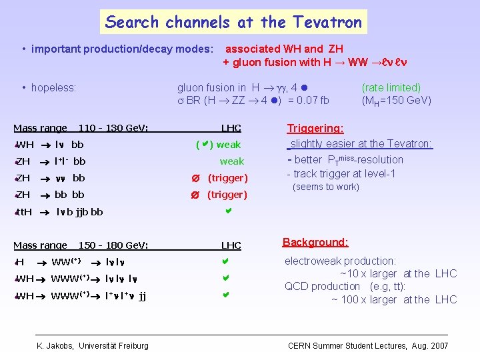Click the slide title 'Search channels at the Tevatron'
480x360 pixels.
tap(233, 22)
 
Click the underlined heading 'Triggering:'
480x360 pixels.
tap(315, 128)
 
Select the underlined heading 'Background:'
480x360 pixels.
tap(315, 242)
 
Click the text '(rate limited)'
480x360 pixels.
tap(391, 87)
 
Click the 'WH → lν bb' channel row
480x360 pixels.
tap(50, 145)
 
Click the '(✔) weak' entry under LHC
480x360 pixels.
tap(218, 145)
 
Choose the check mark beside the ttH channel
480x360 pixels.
tap(227, 211)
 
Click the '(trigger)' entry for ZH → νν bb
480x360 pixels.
tap(227, 178)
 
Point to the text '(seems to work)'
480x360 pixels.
tap(326, 187)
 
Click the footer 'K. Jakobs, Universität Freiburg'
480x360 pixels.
tap(93, 345)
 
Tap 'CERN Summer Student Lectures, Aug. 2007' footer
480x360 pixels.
tap(368, 345)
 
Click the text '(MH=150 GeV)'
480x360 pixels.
tap(396, 101)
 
